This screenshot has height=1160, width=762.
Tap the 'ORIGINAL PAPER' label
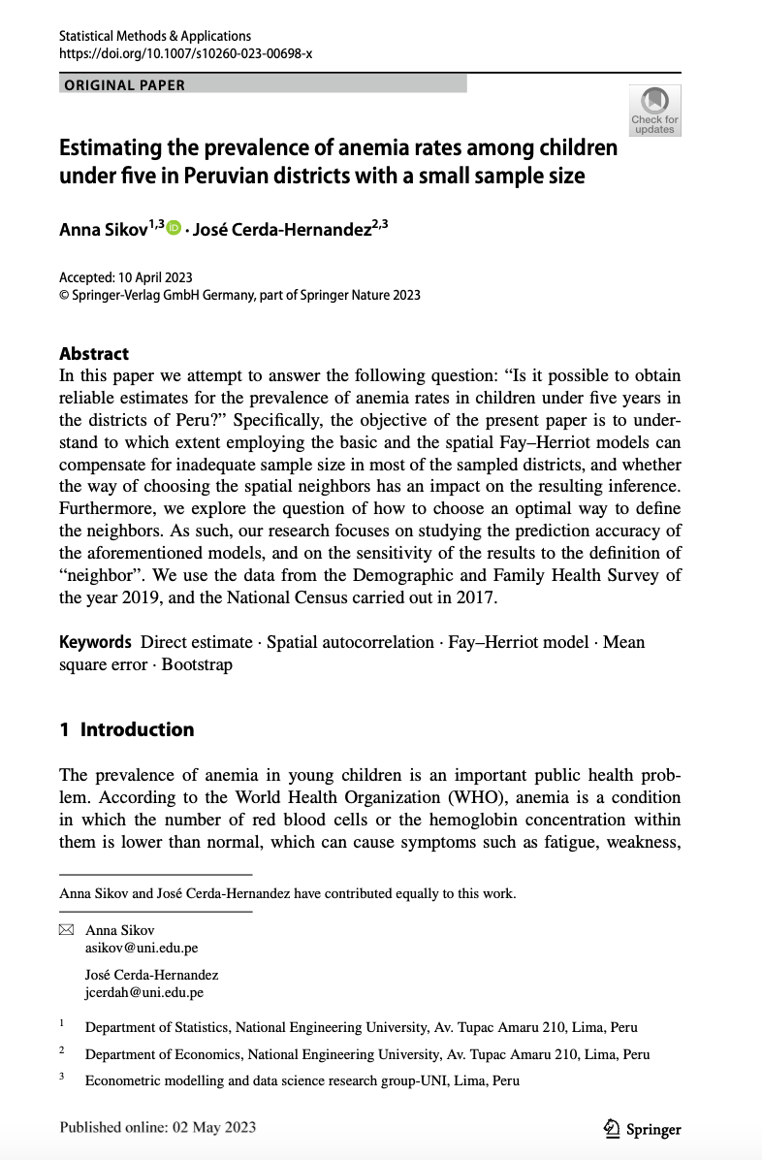(125, 84)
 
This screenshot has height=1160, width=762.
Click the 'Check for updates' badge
(654, 110)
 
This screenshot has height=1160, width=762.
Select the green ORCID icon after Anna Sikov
(174, 228)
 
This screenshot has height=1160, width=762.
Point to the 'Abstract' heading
(94, 354)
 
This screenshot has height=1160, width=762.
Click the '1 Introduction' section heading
(127, 729)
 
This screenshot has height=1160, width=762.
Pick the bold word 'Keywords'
(95, 642)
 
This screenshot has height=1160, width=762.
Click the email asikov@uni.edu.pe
(142, 948)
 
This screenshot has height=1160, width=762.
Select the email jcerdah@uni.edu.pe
(144, 992)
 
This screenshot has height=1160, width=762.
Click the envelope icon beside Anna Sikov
(66, 930)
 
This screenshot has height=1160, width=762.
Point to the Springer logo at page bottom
(642, 1128)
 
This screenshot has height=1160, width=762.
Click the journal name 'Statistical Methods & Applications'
(155, 36)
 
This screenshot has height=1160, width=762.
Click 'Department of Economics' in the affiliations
(159, 1054)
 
